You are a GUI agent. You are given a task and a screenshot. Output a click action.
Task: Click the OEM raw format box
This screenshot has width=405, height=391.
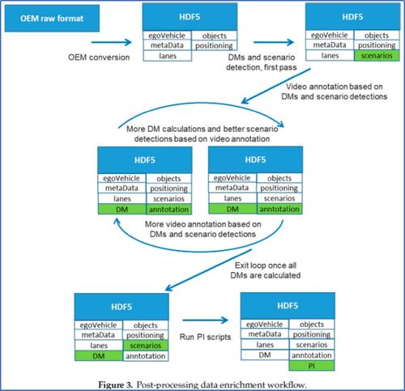pos(52,19)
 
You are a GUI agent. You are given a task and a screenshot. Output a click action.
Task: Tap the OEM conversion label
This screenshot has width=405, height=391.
pos(99,57)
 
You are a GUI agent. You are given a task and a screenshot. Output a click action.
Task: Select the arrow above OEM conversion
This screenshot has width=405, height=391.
pos(112,42)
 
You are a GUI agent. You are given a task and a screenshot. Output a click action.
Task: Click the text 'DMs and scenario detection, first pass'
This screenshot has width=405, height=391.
pos(262,62)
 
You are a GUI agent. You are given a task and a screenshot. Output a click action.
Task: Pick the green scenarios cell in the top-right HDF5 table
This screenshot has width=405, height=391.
pos(377,56)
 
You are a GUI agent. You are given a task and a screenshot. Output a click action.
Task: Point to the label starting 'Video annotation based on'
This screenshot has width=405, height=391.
pos(335,91)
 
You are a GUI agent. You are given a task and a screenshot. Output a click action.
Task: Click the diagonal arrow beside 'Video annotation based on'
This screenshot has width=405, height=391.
pos(275,86)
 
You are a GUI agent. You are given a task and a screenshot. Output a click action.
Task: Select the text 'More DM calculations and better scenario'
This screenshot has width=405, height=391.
pos(202,129)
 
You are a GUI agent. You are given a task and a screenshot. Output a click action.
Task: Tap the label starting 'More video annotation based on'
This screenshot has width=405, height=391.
pos(202,229)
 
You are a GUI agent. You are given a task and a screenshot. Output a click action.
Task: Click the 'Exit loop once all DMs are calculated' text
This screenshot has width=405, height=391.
pos(266,270)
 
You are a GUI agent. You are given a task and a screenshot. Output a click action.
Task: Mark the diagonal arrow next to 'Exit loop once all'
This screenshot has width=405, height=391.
pos(208,270)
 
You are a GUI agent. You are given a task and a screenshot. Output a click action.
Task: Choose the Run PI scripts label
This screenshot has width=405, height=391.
pos(205,337)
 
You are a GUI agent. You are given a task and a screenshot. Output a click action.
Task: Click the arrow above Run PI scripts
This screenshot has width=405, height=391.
pos(205,321)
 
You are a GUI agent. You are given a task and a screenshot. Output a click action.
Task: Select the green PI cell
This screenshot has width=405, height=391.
pos(312,366)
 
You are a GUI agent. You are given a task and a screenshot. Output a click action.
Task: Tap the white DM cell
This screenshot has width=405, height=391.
pos(265,355)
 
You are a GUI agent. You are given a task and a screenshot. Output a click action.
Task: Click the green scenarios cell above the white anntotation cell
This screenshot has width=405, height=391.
pos(146,346)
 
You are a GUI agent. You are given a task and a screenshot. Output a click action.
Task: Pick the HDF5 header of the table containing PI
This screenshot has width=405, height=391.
pos(288,305)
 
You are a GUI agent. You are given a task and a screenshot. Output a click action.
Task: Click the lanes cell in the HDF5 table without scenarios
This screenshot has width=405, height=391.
pos(168,56)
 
